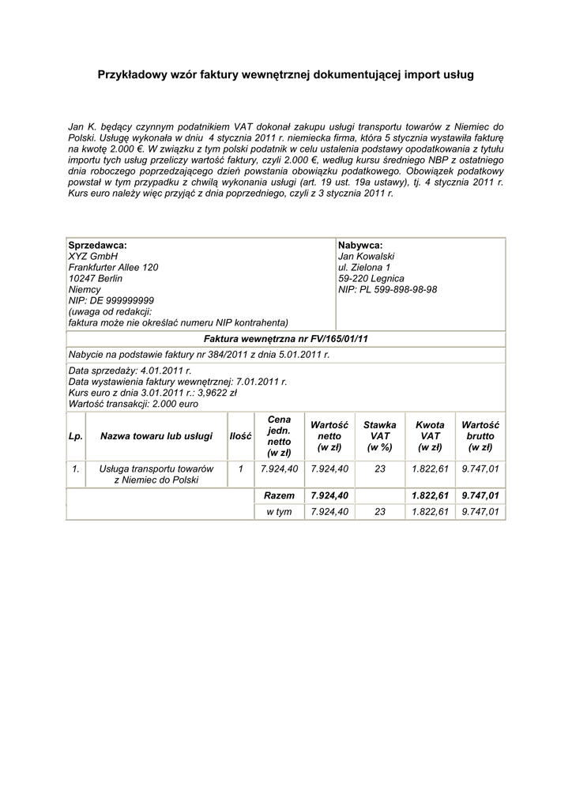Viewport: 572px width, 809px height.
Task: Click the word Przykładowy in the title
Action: click(x=131, y=75)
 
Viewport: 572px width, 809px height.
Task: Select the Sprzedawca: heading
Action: click(x=97, y=245)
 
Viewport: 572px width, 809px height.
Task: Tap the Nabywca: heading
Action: click(x=359, y=245)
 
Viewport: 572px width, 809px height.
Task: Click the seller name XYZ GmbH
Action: click(x=93, y=256)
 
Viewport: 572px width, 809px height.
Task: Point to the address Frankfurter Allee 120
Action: click(x=114, y=267)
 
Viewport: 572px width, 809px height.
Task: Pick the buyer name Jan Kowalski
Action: click(x=366, y=256)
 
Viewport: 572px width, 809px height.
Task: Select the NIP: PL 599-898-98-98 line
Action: click(x=387, y=289)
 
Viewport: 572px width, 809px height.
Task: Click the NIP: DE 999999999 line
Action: click(x=111, y=300)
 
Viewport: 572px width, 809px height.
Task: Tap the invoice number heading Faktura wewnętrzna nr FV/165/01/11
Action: click(x=285, y=339)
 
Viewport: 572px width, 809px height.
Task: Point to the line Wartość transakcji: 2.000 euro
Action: click(x=134, y=403)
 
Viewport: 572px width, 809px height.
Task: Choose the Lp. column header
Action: click(x=76, y=436)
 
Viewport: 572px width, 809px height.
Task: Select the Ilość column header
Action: click(x=240, y=436)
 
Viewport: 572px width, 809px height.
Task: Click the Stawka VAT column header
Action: click(x=379, y=436)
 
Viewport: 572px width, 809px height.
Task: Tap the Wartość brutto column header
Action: click(x=480, y=436)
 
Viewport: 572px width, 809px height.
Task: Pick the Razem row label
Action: click(x=280, y=495)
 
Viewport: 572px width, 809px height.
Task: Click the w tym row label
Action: click(x=280, y=511)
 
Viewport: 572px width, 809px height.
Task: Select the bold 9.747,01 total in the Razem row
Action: click(x=480, y=495)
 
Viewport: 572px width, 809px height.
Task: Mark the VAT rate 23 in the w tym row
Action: click(x=379, y=511)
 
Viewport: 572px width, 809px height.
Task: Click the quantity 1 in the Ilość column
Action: click(x=240, y=468)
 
